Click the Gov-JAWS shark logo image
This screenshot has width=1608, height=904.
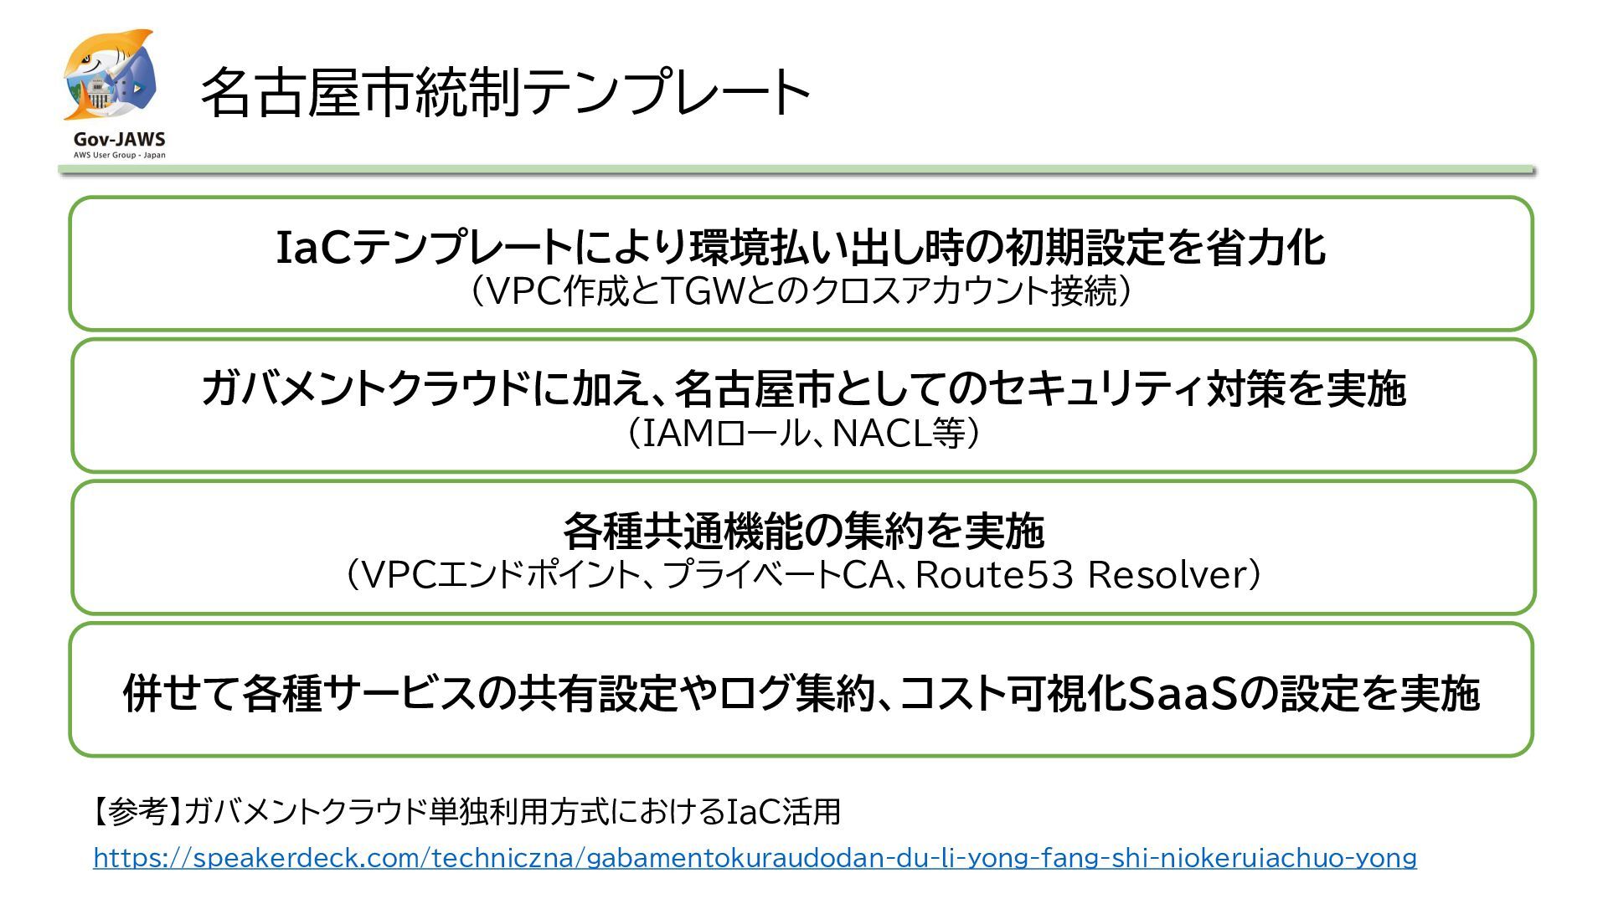pyautogui.click(x=110, y=77)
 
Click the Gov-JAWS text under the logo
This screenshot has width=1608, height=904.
pyautogui.click(x=119, y=139)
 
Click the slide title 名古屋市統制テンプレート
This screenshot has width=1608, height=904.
pyautogui.click(x=505, y=92)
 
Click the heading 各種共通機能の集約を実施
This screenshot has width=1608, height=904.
pyautogui.click(x=803, y=531)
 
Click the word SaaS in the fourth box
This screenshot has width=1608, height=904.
pyautogui.click(x=1183, y=693)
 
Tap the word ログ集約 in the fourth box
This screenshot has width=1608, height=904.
pyautogui.click(x=796, y=693)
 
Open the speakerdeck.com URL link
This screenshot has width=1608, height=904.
pyautogui.click(x=755, y=858)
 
